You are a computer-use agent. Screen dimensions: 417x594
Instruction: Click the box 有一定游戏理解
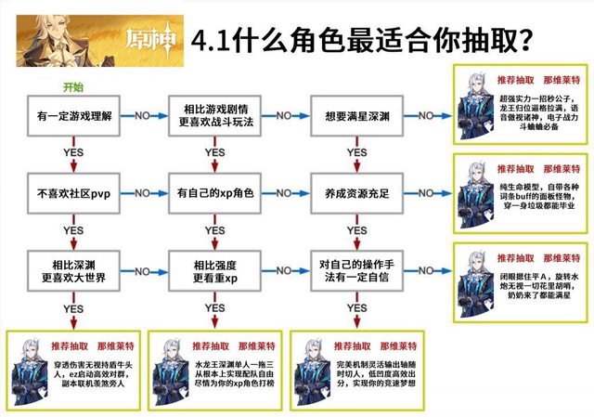72,117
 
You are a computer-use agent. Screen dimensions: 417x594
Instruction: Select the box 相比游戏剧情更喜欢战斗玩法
214,117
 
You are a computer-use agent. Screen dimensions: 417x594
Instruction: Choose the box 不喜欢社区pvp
72,193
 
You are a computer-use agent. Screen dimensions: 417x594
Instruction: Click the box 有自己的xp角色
214,193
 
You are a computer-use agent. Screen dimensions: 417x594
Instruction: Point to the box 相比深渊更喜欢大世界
72,268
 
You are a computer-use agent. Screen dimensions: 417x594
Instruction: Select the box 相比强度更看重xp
214,268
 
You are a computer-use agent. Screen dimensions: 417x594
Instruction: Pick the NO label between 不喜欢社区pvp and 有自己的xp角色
144,191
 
